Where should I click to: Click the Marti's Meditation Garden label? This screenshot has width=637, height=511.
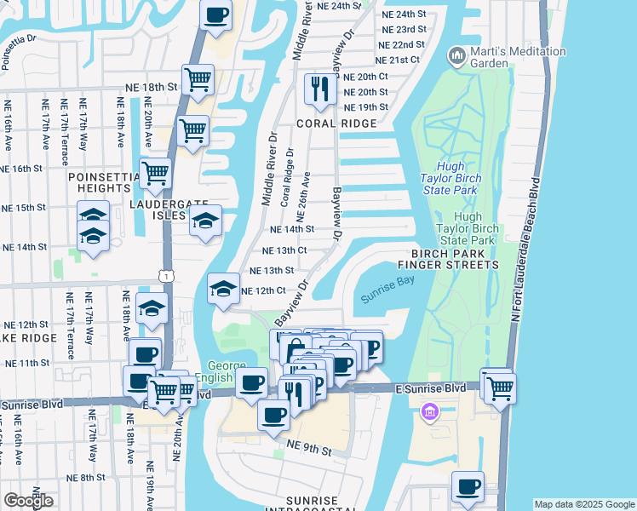[518, 57]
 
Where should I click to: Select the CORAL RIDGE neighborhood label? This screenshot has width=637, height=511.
[336, 123]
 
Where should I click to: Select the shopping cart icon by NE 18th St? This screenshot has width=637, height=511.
[198, 79]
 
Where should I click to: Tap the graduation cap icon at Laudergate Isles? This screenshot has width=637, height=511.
[204, 221]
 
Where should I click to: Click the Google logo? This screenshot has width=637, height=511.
[28, 501]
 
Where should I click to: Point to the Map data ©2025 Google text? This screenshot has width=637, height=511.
[584, 504]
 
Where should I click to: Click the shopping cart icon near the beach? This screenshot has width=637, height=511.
[501, 387]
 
